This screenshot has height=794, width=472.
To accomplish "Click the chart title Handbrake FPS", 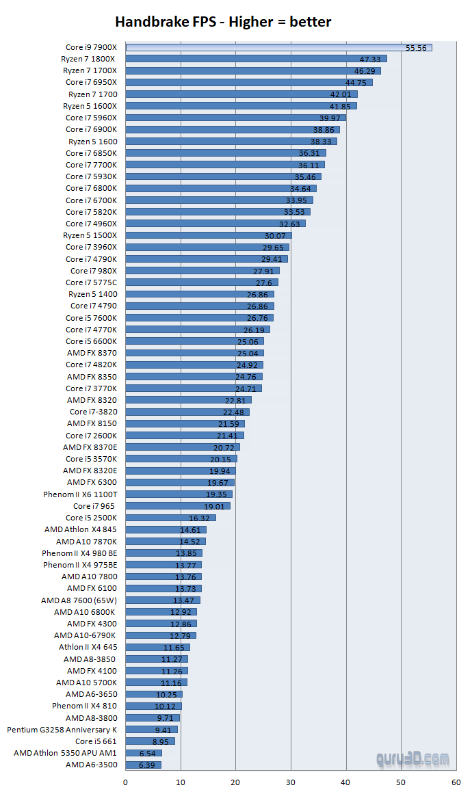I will click(x=223, y=22).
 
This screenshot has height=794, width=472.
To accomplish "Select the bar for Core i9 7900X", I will click(x=278, y=47).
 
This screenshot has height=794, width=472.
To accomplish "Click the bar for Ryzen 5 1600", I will click(x=231, y=141).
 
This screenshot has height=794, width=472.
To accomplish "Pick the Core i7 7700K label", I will click(x=91, y=165).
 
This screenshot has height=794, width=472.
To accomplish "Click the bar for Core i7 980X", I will click(x=202, y=270).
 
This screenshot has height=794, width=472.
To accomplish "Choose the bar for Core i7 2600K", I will click(x=184, y=435).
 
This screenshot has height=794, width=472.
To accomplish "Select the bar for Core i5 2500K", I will click(x=170, y=518).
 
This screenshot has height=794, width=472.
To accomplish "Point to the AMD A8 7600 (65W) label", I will click(x=79, y=600).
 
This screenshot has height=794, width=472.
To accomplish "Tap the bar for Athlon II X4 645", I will click(x=157, y=647).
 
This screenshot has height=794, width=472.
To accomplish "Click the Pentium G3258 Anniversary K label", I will click(x=62, y=729).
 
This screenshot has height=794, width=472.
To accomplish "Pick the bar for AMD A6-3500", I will click(x=143, y=765).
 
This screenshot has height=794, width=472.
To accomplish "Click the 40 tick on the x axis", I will click(x=346, y=780).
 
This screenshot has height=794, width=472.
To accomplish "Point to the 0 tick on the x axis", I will click(x=126, y=780).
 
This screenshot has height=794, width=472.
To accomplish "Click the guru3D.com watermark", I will click(x=412, y=759).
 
